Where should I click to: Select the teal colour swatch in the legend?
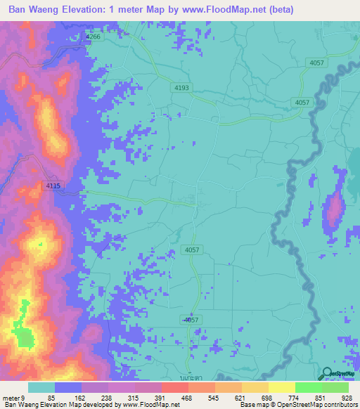(41, 387)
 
